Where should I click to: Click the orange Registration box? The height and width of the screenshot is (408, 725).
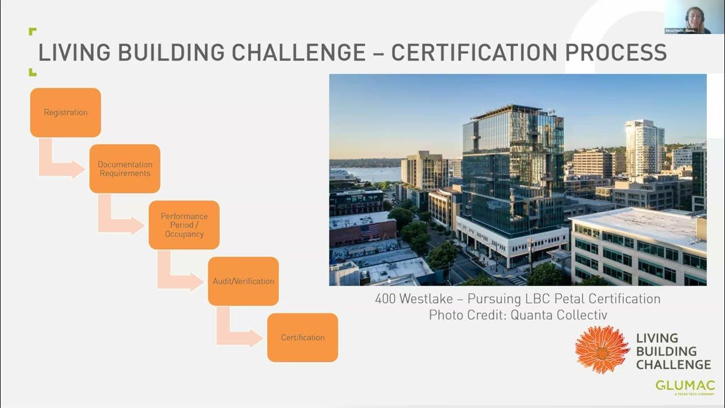point(65,112)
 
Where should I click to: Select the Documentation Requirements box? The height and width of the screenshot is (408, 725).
point(125,169)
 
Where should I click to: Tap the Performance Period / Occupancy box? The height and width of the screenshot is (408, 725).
point(184,225)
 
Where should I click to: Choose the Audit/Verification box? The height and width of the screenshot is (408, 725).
point(243,281)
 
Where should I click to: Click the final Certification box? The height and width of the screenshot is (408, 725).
point(302,337)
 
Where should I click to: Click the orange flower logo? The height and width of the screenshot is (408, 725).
point(602,349)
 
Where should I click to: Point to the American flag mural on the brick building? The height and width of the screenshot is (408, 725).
point(370,231)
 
